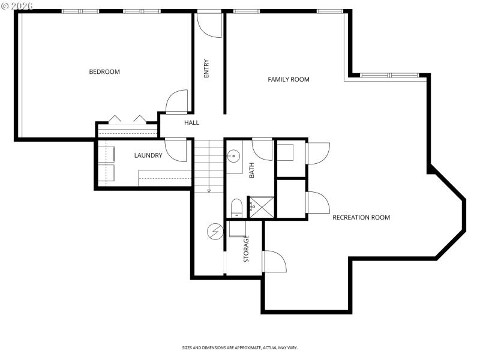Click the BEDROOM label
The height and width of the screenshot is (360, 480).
tap(104, 72)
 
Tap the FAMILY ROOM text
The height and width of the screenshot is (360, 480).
tap(289, 79)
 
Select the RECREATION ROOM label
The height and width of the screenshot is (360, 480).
tap(361, 217)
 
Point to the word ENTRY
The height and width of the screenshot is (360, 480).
tap(207, 68)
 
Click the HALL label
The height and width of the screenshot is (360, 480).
tap(191, 122)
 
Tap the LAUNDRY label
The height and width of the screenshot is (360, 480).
tap(148, 155)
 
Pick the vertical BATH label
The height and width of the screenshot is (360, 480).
tap(252, 170)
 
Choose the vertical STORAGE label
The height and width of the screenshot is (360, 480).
tap(247, 248)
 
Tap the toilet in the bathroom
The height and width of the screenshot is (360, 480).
tap(236, 208)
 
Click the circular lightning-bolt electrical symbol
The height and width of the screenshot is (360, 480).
tap(214, 230)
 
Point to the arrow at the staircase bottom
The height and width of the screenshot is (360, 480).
tap(209, 190)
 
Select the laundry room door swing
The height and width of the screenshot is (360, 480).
tap(177, 150)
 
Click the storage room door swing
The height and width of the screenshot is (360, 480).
tap(274, 262)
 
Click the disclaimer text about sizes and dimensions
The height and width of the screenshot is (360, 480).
tap(240, 347)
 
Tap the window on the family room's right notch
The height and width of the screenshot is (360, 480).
tap(389, 75)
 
